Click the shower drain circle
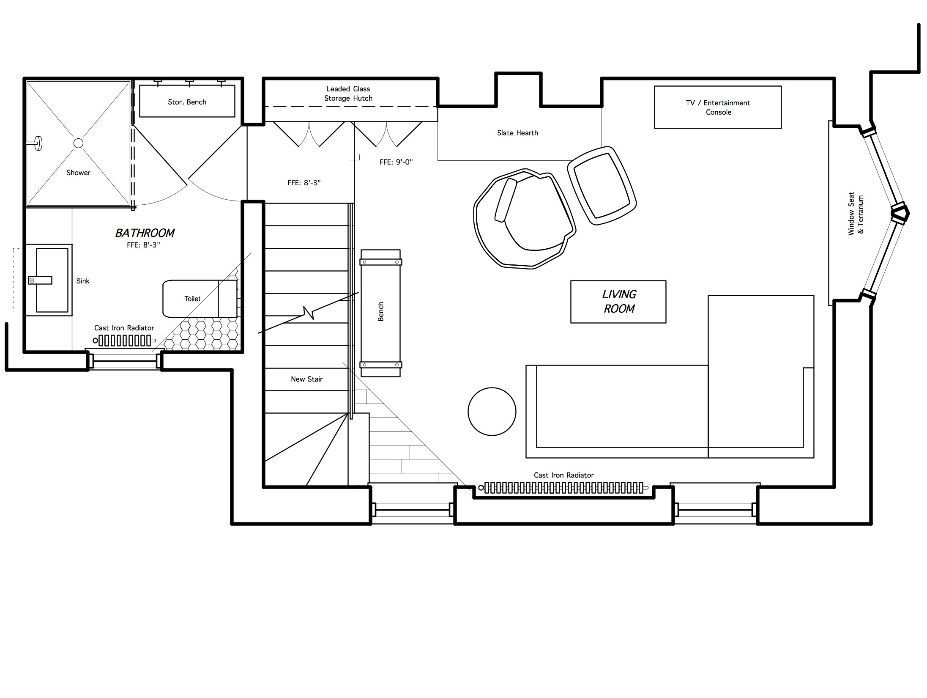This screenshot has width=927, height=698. click(78, 143)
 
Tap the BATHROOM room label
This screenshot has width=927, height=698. click(145, 233)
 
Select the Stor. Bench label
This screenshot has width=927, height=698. click(187, 102)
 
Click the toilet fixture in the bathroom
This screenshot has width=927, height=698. click(200, 299)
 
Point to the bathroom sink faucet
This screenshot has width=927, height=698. click(40, 280)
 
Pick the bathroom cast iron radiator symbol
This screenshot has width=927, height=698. click(124, 341)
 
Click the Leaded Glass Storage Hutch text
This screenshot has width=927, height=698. click(348, 93)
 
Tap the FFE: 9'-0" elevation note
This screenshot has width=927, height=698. click(396, 162)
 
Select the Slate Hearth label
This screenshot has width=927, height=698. click(517, 133)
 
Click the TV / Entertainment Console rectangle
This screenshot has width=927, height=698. click(718, 107)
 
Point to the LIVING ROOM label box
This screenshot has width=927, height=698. click(618, 302)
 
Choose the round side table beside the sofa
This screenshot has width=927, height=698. click(492, 411)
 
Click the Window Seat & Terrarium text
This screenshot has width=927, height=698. click(856, 214)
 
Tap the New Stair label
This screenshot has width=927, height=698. click(306, 379)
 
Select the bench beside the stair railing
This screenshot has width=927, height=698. click(380, 313)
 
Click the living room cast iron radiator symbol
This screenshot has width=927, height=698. click(564, 488)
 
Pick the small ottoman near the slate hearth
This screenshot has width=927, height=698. click(602, 185)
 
